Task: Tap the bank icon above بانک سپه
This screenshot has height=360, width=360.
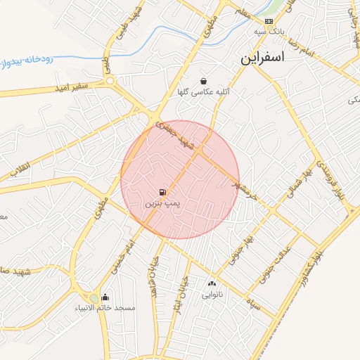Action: point(269,22)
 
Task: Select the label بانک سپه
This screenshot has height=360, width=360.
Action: point(269,32)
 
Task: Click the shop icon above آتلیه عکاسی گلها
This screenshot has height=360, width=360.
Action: point(203,81)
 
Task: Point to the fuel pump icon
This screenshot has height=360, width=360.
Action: point(163,192)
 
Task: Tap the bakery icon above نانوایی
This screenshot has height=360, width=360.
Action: point(212,284)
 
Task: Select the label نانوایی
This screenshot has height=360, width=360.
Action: point(212,295)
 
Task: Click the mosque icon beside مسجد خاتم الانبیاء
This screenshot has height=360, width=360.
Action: point(105,297)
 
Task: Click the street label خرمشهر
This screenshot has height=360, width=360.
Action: point(242,185)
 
